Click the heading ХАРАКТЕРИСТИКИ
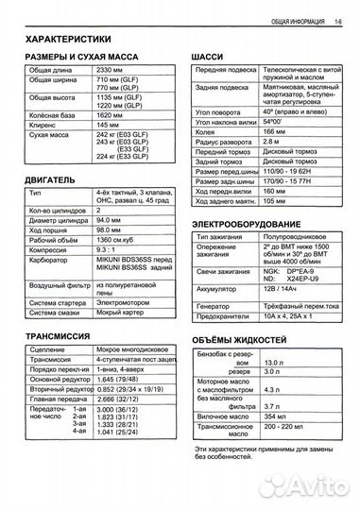point(73,41)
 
